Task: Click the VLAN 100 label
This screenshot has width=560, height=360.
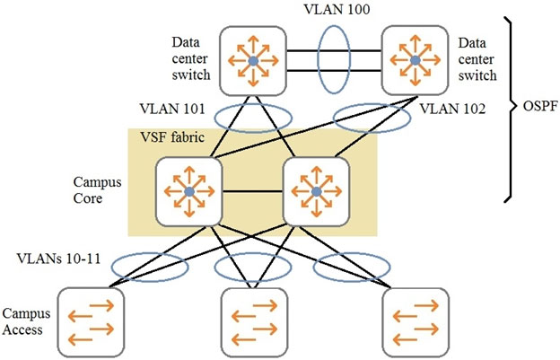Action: tap(337, 9)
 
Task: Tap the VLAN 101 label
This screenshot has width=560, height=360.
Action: tap(172, 109)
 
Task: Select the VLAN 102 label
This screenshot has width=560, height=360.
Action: tap(452, 109)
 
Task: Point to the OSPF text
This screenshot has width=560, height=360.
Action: tap(540, 106)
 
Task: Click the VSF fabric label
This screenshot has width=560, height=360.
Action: tap(172, 137)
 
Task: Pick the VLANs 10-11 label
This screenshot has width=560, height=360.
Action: tap(58, 259)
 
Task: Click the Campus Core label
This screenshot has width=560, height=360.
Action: tap(97, 190)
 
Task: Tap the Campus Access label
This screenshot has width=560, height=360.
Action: tap(26, 321)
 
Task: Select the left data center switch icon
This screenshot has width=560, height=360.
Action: tap(253, 61)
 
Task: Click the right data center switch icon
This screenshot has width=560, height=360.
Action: tap(415, 61)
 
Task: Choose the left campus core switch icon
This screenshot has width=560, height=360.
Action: tap(189, 192)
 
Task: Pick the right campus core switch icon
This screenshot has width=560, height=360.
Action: tap(316, 192)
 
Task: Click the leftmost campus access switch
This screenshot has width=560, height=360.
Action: tap(91, 322)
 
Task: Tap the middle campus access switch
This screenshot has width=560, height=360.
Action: tap(254, 322)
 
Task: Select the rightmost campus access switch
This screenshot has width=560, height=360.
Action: tap(416, 322)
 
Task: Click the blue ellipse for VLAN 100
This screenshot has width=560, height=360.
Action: tap(319, 59)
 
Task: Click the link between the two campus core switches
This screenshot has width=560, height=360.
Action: tap(253, 192)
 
